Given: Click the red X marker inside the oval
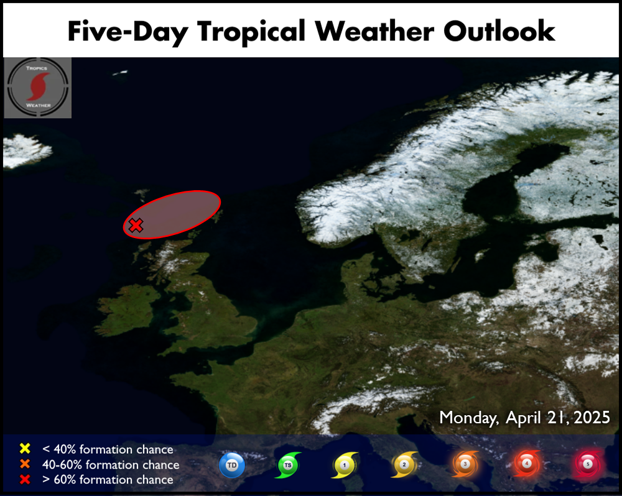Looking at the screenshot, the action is click(136, 225).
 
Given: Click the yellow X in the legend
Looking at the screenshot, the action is click(25, 448).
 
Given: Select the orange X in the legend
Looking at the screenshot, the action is click(25, 464).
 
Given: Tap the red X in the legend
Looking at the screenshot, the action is click(25, 479).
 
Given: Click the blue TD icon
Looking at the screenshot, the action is click(232, 465).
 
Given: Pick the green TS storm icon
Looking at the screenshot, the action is click(288, 465).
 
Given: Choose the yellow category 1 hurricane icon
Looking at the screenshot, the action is click(345, 465).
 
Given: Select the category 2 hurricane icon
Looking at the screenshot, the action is click(404, 464).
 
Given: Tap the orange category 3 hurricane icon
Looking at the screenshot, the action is click(465, 464).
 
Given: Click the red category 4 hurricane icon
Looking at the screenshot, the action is click(527, 463).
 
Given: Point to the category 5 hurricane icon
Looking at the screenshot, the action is click(588, 464).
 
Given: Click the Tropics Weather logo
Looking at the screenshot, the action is click(38, 88).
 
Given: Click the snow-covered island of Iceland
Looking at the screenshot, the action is click(26, 150).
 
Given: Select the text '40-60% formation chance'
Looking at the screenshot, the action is click(111, 464).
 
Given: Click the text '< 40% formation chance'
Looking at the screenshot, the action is click(108, 449).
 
